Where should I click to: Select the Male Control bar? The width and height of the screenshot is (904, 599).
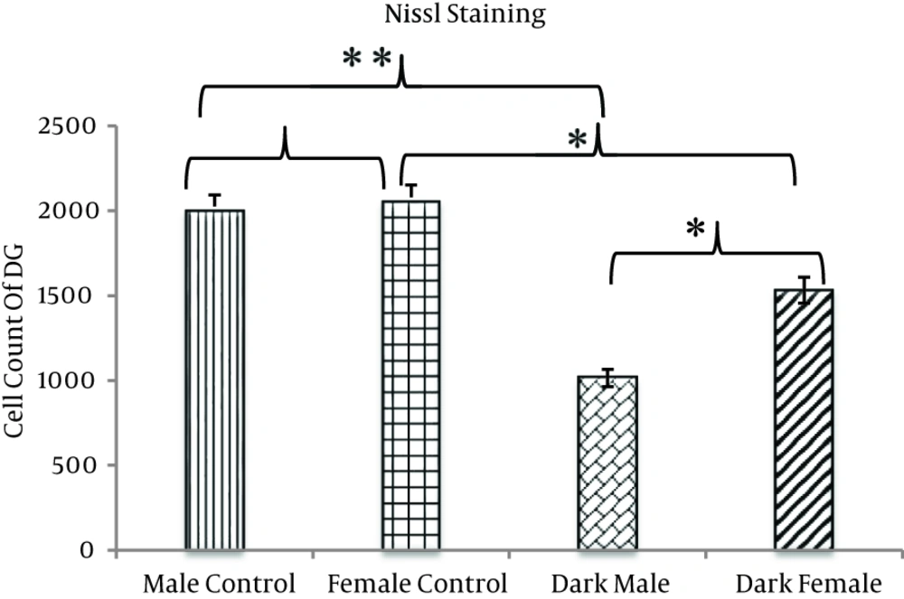215,379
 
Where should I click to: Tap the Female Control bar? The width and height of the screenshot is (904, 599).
411,375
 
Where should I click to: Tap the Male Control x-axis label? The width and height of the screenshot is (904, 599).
220,580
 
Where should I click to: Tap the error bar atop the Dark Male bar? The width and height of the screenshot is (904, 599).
607,377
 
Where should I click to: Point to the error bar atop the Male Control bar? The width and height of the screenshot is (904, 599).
215,201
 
